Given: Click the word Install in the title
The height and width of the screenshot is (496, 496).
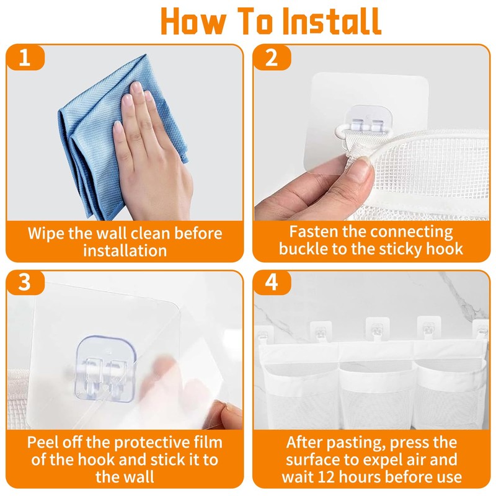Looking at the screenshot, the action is [332, 21].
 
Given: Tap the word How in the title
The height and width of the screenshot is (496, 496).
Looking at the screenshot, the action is [193, 21].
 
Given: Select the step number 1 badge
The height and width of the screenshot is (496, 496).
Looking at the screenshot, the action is [25, 58].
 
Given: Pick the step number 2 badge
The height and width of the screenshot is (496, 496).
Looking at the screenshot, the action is [272, 58].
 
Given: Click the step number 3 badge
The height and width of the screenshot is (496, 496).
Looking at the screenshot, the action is [25, 282].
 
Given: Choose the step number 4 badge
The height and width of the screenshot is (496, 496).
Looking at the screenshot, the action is [272, 282].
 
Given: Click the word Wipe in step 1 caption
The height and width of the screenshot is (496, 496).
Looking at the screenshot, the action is [46, 234].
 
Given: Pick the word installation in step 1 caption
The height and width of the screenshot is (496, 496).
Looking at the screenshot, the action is [125, 250].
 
